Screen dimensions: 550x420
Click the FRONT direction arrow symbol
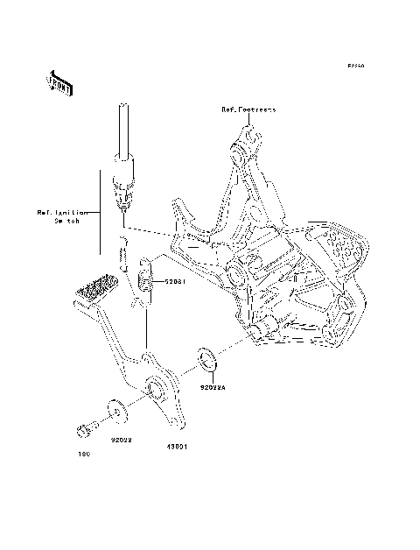[60, 82]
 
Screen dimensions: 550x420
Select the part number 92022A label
[213, 385]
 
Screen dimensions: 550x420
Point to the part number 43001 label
[170, 445]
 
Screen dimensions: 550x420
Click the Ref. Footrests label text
[248, 109]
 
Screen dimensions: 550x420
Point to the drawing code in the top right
[354, 66]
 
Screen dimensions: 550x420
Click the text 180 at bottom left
[84, 454]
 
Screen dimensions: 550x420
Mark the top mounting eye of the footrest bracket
[248, 136]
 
